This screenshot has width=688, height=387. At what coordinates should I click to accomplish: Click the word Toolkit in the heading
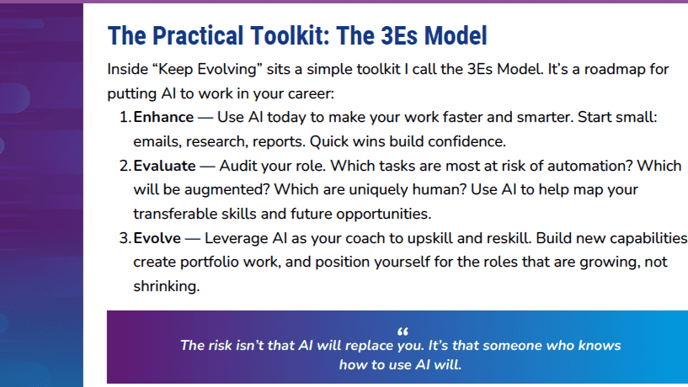coord(290,35)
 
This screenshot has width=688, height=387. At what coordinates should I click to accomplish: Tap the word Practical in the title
coord(198,35)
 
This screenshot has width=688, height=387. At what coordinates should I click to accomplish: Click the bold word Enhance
coord(163,118)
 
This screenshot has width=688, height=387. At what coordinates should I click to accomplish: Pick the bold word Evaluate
coord(164,166)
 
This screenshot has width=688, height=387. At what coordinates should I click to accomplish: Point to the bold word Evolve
coord(157,238)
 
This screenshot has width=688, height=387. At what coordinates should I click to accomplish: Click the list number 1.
coord(125,118)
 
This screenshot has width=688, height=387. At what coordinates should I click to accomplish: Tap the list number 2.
coord(125,166)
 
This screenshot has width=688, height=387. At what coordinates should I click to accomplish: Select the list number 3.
coord(125,238)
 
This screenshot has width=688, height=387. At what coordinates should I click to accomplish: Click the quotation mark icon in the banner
coord(403,331)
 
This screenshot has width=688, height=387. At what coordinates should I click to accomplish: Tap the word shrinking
coord(166,287)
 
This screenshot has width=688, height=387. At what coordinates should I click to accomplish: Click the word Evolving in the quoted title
coord(227,70)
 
